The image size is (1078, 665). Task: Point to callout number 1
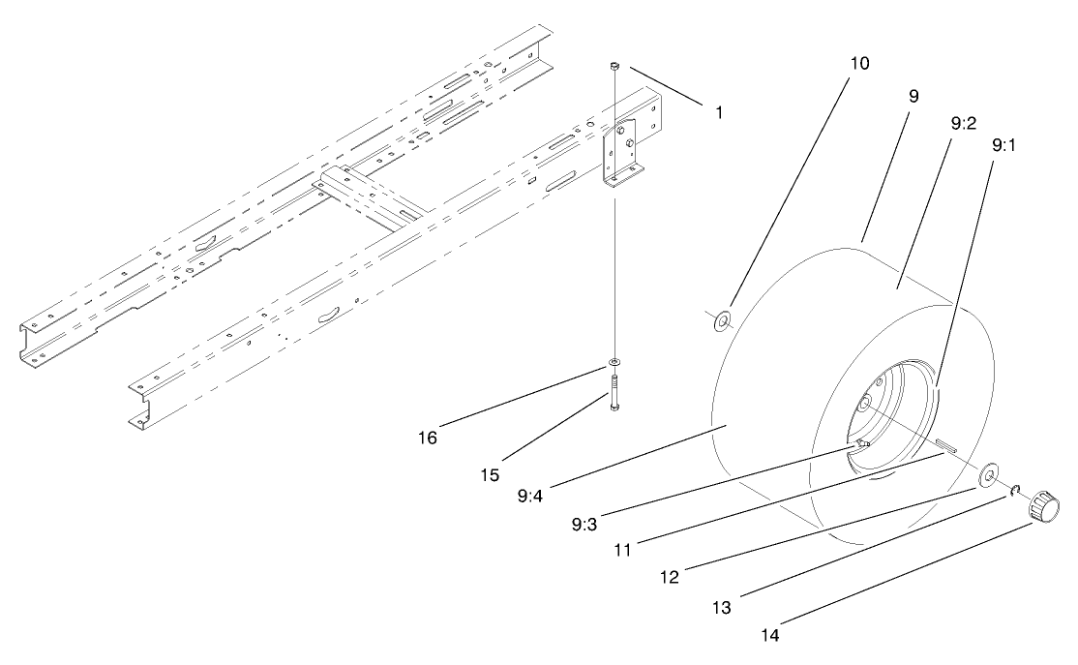click(718, 112)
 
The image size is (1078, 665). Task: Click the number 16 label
click(428, 438)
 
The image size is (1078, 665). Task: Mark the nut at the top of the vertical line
click(614, 66)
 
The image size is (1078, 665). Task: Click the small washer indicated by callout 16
click(614, 362)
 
